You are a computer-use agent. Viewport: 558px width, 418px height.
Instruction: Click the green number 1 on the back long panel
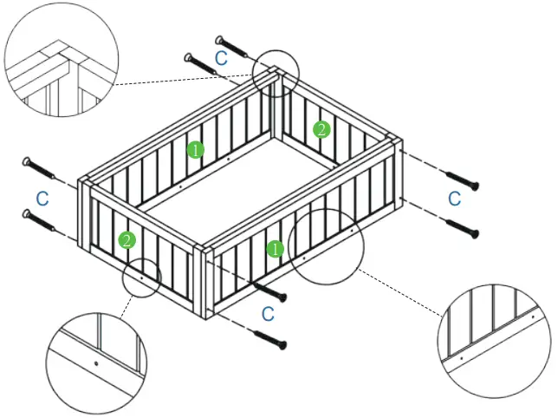[x=196, y=149]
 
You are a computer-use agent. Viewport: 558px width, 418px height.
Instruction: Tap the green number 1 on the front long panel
[x=275, y=249]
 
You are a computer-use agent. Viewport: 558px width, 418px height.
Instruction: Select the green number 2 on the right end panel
[x=321, y=130]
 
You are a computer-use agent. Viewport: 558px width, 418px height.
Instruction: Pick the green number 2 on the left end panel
[x=127, y=239]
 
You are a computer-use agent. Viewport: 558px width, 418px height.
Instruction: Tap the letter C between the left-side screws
[x=42, y=198]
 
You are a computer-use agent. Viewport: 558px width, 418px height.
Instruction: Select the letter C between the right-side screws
[x=454, y=199]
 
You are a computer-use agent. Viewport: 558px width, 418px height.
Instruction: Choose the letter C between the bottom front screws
[x=268, y=312]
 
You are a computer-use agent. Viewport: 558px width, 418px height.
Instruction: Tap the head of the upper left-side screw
[x=29, y=162]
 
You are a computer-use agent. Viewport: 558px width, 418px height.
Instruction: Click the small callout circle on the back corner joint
[x=276, y=72]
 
